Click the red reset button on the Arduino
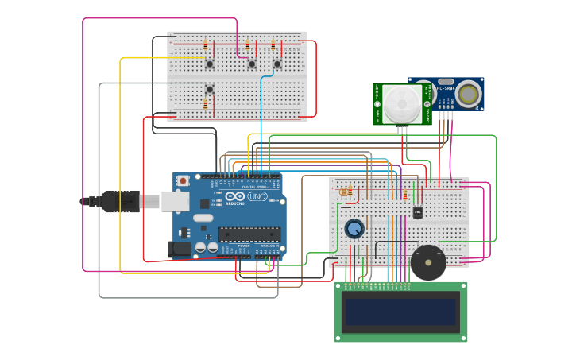184,180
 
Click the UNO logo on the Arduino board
257,196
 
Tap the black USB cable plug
119,201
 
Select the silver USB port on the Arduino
174,201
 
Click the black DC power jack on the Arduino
182,249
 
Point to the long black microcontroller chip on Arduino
249,234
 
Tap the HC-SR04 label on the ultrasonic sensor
445,87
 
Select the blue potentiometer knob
354,229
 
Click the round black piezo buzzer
428,261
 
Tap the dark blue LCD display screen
400,312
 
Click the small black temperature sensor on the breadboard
418,212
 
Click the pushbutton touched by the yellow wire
210,64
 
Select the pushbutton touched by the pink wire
252,64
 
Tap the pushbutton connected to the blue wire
277,64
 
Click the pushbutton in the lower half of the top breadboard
210,89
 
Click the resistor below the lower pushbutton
206,104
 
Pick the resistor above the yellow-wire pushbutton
206,45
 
